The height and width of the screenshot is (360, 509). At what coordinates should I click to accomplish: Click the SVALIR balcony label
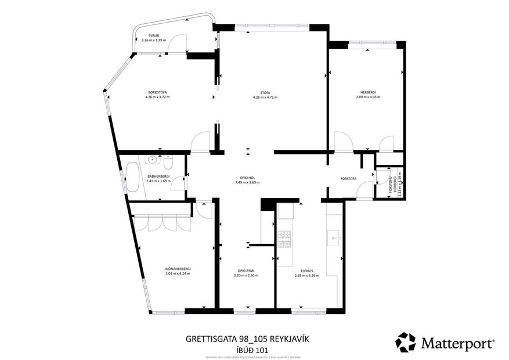tap(153, 35)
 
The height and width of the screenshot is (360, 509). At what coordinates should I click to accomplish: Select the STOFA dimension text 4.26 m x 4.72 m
tap(265, 98)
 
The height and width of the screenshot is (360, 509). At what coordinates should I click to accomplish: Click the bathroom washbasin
tap(153, 159)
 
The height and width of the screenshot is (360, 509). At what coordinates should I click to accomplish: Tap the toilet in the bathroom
tap(171, 159)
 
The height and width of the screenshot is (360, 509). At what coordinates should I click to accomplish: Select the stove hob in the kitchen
tap(284, 239)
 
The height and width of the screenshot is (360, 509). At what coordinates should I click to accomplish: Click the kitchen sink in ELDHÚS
tap(334, 237)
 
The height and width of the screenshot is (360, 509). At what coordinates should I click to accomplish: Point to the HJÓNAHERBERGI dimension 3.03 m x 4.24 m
tap(178, 273)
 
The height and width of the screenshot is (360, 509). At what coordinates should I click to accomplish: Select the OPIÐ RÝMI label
tap(248, 270)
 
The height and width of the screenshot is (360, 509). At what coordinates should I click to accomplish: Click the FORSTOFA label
tap(348, 178)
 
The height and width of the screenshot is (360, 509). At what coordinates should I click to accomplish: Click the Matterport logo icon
tap(406, 342)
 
